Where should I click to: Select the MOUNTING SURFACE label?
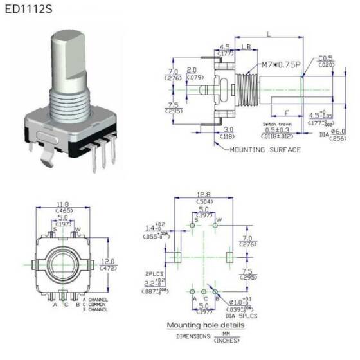pyautogui.click(x=265, y=149)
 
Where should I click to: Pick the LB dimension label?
pyautogui.click(x=247, y=47)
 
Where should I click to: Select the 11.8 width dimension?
pyautogui.click(x=63, y=204)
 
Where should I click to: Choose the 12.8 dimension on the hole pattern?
pyautogui.click(x=204, y=194)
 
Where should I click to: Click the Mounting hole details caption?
pyautogui.click(x=205, y=325)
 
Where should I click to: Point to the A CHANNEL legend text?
pyautogui.click(x=96, y=300)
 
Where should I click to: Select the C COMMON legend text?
pyautogui.click(x=96, y=305)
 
